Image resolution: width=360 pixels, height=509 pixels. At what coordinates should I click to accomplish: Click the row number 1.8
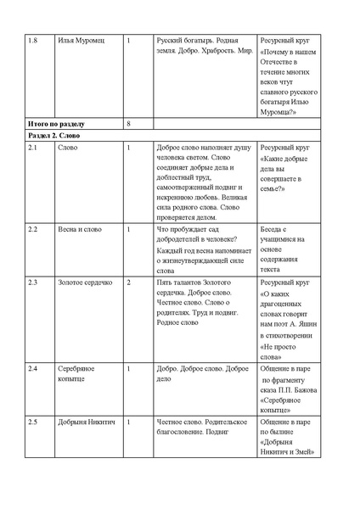tap(33, 40)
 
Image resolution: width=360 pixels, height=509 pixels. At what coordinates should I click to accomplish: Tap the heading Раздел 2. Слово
tap(53, 136)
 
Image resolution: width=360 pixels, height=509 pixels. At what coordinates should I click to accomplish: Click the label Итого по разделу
tap(54, 124)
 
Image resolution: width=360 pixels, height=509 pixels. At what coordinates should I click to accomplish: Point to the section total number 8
tap(127, 124)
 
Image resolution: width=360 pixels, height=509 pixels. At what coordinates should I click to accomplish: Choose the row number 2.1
tap(33, 148)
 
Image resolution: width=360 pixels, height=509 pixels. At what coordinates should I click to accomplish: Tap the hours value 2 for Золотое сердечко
tap(127, 280)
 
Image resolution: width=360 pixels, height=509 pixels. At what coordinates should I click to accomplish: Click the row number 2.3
tap(33, 280)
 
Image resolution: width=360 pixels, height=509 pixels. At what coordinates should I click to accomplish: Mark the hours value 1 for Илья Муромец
tap(127, 40)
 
